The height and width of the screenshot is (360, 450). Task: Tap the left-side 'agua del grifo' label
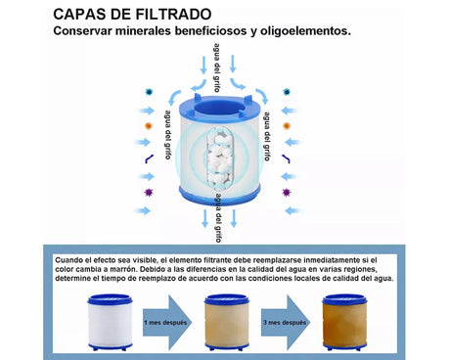click(169, 134)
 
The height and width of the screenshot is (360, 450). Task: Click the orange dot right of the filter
click(286, 126)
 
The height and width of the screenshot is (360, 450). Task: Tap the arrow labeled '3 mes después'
click(285, 322)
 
